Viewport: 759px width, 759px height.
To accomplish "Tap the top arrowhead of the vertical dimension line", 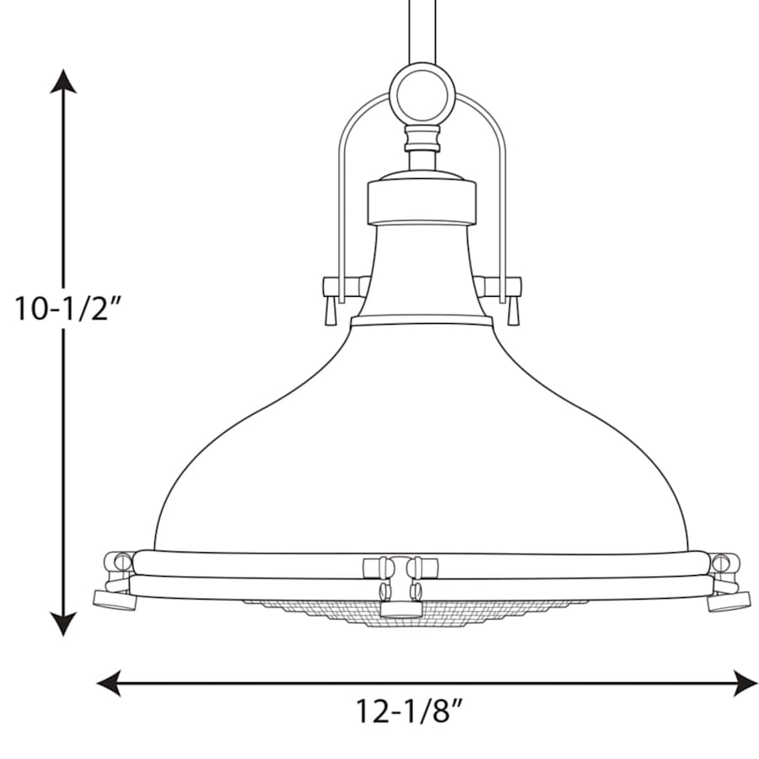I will (63, 81).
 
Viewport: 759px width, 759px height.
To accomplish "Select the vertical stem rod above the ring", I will (422, 30).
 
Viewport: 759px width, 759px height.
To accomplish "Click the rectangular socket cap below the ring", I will (422, 199).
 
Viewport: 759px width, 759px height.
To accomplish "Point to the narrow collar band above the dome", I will (422, 320).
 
